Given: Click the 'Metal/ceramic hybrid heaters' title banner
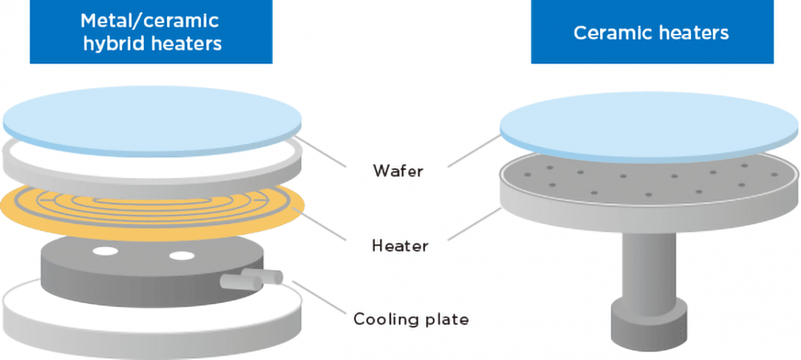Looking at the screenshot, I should click(x=151, y=32).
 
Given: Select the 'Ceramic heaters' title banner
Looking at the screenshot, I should click(x=651, y=32).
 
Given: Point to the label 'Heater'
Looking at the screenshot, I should click(x=400, y=246).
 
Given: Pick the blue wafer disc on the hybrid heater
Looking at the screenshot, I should click(x=152, y=116).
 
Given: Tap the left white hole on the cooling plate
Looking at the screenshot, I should click(x=105, y=252).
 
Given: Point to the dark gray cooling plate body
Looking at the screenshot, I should click(x=130, y=282).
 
